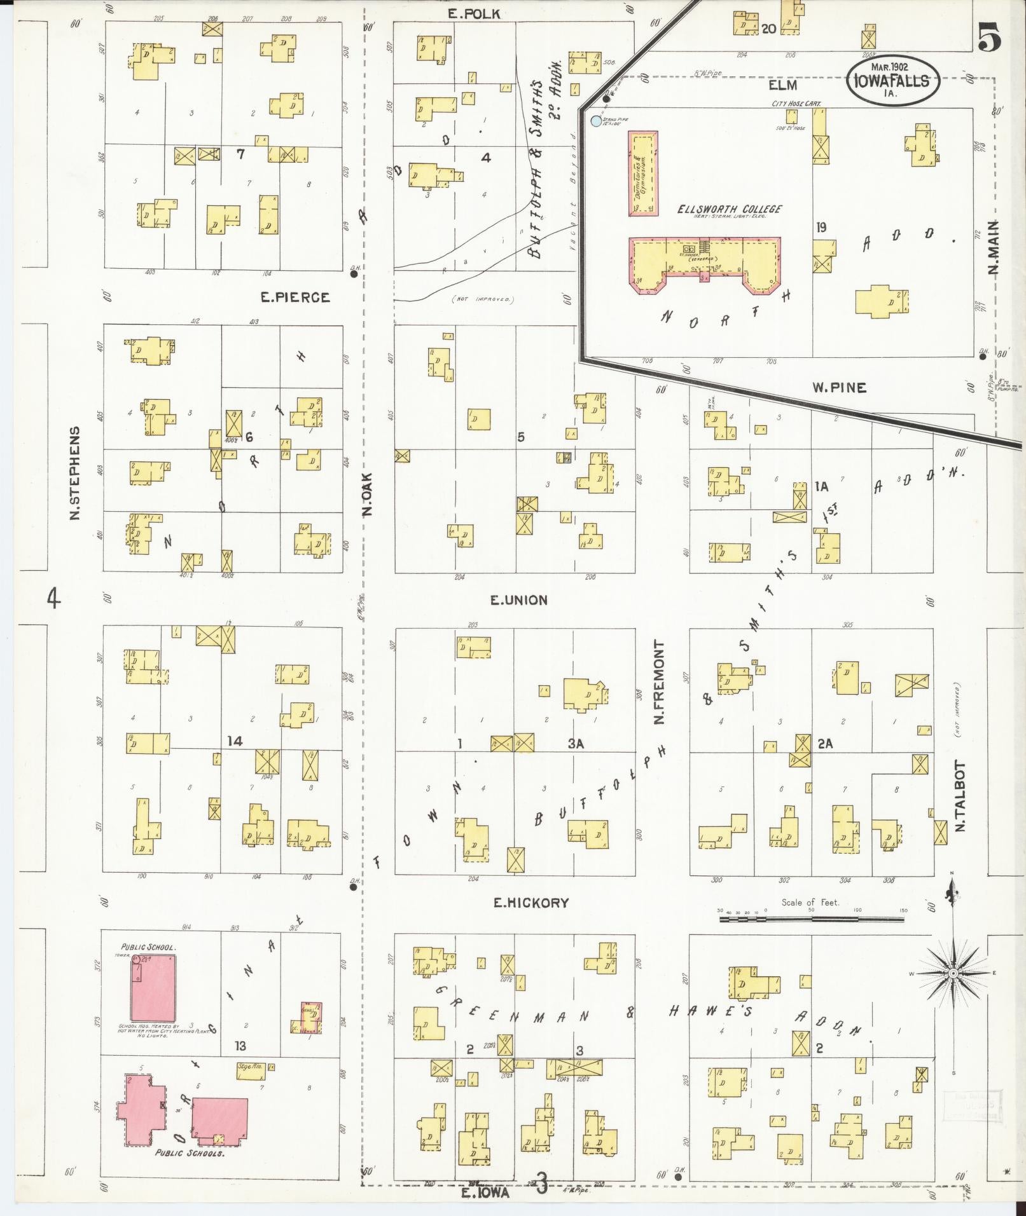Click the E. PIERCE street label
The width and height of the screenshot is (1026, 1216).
coord(295,297)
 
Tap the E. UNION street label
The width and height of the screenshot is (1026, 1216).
coord(518,600)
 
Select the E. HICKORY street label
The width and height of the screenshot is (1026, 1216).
coord(530,903)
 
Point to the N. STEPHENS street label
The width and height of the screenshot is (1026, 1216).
coord(75,473)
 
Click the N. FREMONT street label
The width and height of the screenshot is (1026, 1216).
coord(659,682)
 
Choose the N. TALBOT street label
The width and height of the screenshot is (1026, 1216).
coord(960,796)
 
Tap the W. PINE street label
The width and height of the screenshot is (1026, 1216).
coord(839,388)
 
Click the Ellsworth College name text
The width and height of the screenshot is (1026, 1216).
coord(729,208)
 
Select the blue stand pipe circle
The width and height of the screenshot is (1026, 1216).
coord(595,121)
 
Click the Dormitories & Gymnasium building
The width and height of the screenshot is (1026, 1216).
coord(643,174)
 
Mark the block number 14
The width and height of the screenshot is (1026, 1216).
coord(235,741)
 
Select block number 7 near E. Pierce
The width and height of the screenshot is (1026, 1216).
coord(240,154)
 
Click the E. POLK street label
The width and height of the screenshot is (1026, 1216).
coord(473,13)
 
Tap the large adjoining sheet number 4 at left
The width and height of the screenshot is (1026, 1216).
coord(54,598)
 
